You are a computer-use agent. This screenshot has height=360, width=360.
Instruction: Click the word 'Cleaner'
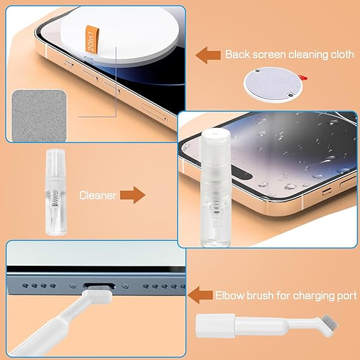[97, 196]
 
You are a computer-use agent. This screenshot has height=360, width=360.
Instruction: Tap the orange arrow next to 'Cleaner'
[132, 195]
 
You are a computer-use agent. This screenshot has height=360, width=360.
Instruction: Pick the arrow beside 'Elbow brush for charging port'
[202, 294]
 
